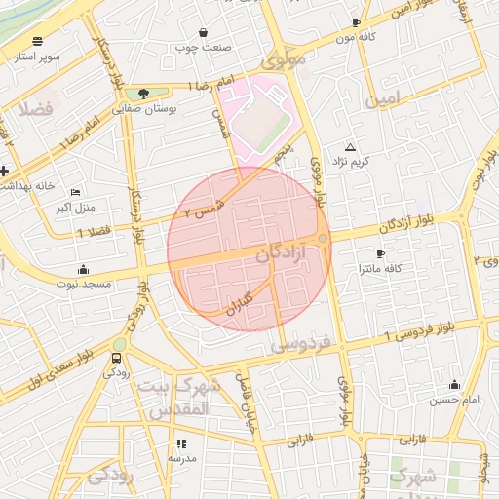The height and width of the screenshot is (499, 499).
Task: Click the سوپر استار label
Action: [x=36, y=58]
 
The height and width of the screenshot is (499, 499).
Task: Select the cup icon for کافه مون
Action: [x=356, y=22]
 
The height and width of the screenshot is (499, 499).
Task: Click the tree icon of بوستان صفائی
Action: [x=144, y=94]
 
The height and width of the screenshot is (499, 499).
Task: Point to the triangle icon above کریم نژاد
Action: [x=351, y=146]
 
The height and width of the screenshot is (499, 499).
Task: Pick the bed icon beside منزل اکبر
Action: [x=76, y=192]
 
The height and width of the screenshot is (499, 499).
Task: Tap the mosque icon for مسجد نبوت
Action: [x=83, y=270]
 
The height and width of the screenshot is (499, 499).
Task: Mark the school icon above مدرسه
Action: [x=180, y=443]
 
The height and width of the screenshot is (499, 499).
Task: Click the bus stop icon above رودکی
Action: [x=117, y=358]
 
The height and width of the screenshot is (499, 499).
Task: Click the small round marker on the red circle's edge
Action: [x=323, y=239]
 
